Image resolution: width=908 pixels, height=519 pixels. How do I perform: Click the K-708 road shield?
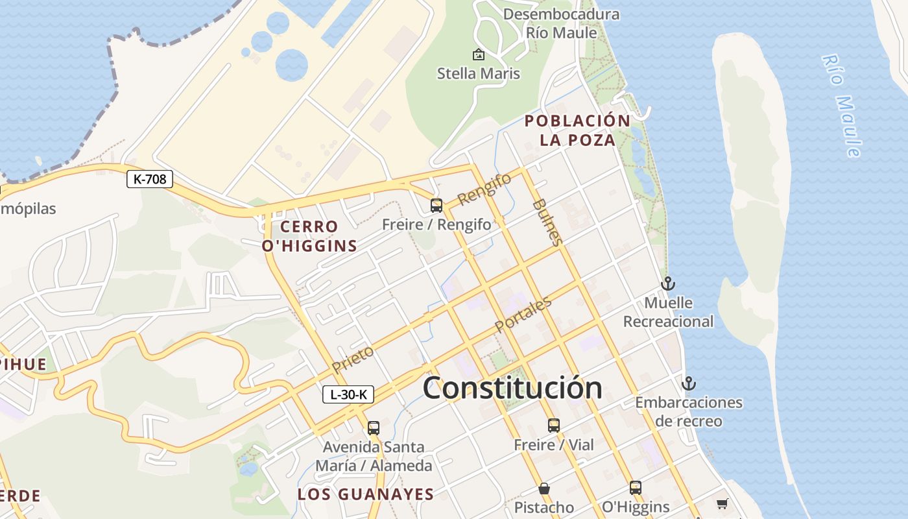coord(150,179)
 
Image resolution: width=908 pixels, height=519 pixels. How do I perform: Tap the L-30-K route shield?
coord(348,394)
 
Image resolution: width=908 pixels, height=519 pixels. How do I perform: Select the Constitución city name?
coord(512,388)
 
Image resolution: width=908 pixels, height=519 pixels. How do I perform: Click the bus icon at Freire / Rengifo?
coord(436,206)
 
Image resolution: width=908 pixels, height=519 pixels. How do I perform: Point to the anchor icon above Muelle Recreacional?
coord(667,284)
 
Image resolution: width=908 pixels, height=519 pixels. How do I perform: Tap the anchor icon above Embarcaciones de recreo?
coord(688,383)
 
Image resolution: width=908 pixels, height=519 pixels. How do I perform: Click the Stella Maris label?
coord(479,73)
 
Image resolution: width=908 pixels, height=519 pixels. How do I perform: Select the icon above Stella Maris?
coord(479,54)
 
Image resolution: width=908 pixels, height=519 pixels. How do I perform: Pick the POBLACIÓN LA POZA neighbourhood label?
coord(577,130)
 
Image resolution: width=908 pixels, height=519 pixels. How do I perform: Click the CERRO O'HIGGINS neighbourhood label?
coord(309,236)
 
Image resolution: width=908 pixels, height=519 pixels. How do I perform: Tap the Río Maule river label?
coord(842,106)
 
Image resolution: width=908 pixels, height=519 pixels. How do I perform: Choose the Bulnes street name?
coord(547,222)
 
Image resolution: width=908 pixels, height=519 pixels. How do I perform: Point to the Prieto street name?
coord(353,359)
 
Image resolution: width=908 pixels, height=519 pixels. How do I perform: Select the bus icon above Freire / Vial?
coord(553,426)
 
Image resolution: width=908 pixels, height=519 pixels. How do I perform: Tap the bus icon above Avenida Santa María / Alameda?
coord(373,428)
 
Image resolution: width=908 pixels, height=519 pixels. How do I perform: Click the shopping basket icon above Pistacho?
coord(544,488)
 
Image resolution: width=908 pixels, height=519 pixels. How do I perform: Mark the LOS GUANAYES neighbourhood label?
coord(366,494)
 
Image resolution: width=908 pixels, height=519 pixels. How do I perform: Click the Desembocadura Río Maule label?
coord(560,23)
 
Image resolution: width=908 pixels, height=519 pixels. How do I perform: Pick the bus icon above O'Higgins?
coord(636,488)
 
